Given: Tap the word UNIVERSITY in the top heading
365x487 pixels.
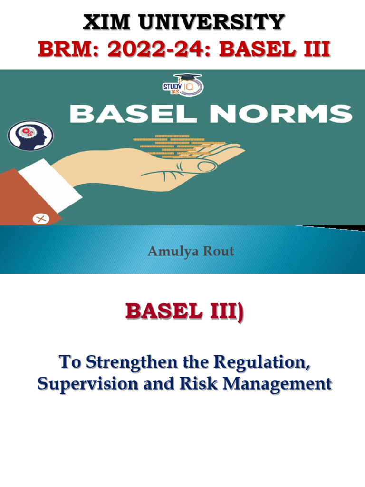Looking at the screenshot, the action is pos(211,22).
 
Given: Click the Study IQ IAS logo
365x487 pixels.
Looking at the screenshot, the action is pos(183,84).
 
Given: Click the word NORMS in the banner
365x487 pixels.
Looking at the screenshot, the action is pos(281,113).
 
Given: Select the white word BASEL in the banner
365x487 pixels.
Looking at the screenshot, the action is pos(134,113).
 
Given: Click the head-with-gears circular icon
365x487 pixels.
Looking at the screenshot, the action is pos(30,136).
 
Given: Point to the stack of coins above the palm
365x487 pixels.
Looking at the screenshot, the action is pos(179,146).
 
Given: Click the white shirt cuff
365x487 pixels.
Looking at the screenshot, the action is pos(49,186).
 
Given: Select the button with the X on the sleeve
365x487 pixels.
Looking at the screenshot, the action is pos(41,219).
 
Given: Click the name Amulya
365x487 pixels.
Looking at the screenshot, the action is pos(173,251).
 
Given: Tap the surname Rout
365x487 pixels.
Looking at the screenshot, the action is pos(218,251).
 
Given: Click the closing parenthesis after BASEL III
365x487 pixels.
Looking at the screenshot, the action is pos(240,312).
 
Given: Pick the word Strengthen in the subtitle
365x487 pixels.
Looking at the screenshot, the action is pos(132,362).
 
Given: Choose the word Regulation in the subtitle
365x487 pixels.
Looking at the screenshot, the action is pos(262,362).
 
